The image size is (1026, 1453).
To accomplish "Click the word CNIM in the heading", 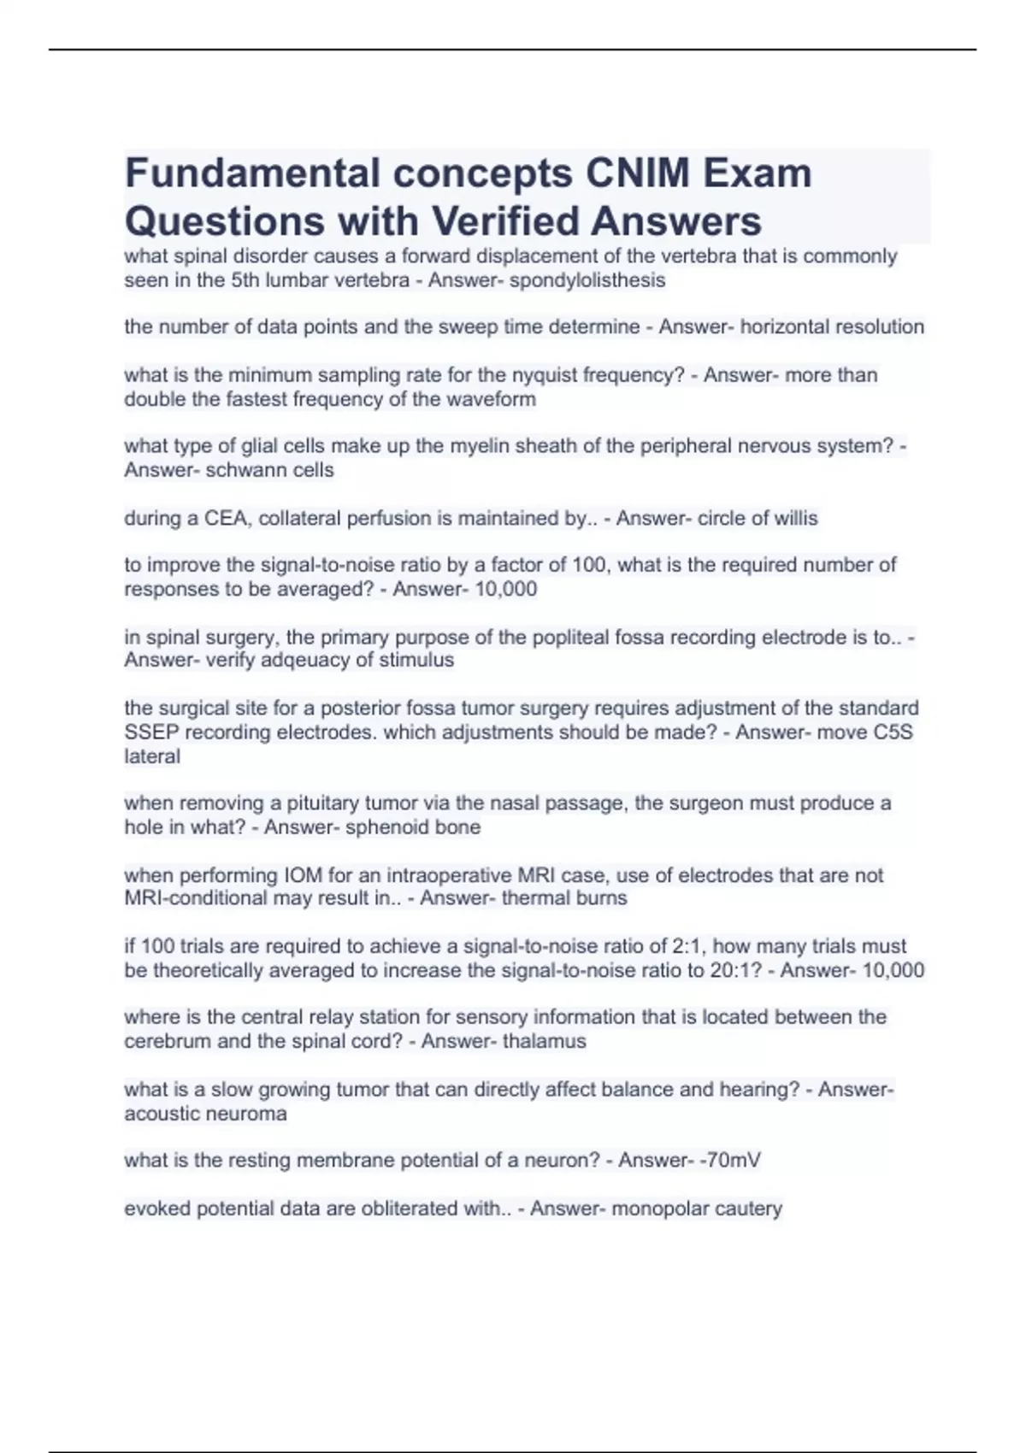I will point(637,174).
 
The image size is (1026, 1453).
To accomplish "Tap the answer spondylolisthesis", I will point(587,280).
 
